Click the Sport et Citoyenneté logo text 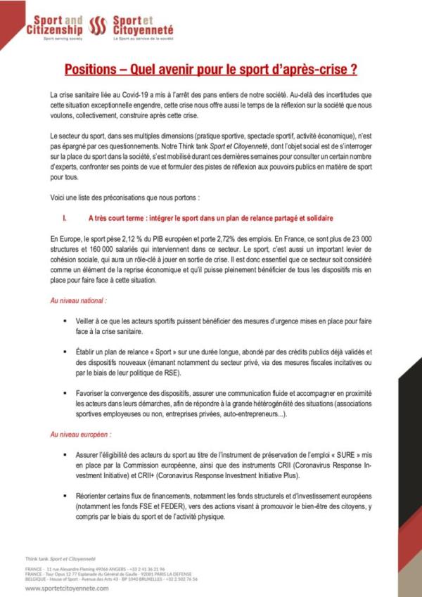[143, 27]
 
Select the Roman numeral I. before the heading [65, 218]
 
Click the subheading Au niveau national [78, 300]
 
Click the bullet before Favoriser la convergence [67, 392]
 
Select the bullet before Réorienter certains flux [67, 496]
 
